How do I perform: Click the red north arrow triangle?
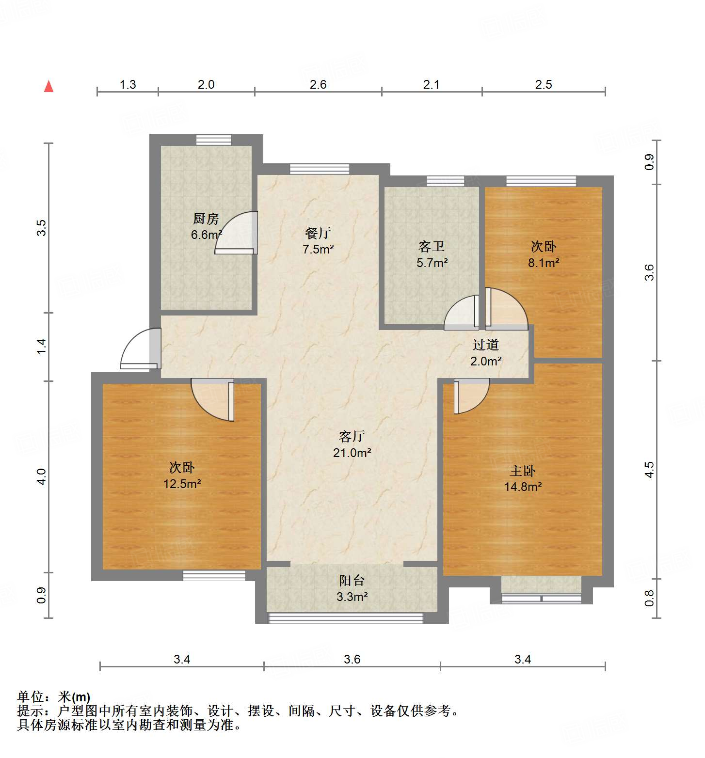(48, 87)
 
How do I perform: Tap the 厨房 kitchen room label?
(206, 219)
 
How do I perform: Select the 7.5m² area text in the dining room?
(318, 250)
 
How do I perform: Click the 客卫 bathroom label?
(432, 247)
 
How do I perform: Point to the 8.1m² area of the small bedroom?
(544, 263)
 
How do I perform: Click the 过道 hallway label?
(486, 345)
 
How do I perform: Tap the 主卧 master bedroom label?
(523, 471)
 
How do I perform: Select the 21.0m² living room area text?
(352, 453)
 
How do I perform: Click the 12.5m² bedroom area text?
(182, 484)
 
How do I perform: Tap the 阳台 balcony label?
(352, 581)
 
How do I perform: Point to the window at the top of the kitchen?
(214, 140)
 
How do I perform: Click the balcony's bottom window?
(346, 618)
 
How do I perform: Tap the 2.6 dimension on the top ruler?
(318, 84)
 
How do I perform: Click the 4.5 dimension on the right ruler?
(649, 470)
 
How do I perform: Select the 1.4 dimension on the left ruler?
(42, 346)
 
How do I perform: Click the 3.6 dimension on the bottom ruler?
(352, 659)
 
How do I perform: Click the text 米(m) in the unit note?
(74, 697)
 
